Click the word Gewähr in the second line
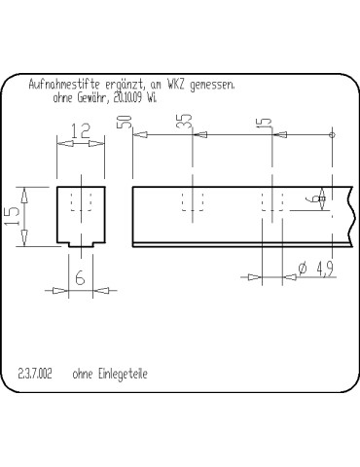click(x=90, y=98)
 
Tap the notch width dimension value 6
click(x=80, y=278)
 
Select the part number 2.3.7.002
click(x=36, y=374)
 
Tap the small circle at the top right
click(x=333, y=135)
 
